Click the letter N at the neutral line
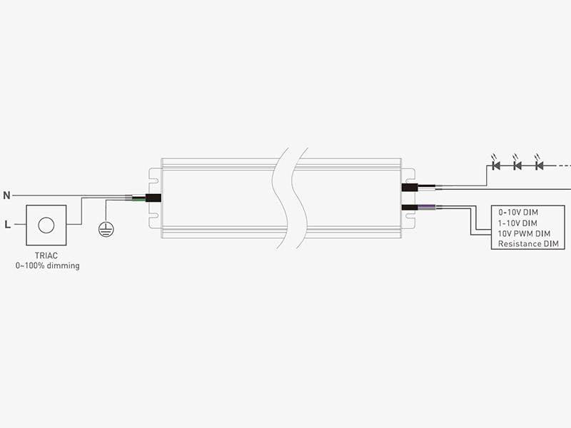point(6,195)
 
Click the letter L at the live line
point(8,225)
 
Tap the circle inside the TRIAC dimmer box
point(46,225)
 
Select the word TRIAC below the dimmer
point(46,256)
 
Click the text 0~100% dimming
point(47,265)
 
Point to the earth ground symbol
point(106,229)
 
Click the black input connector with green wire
point(153,198)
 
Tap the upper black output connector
point(410,188)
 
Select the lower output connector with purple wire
point(410,208)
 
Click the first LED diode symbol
point(495,164)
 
